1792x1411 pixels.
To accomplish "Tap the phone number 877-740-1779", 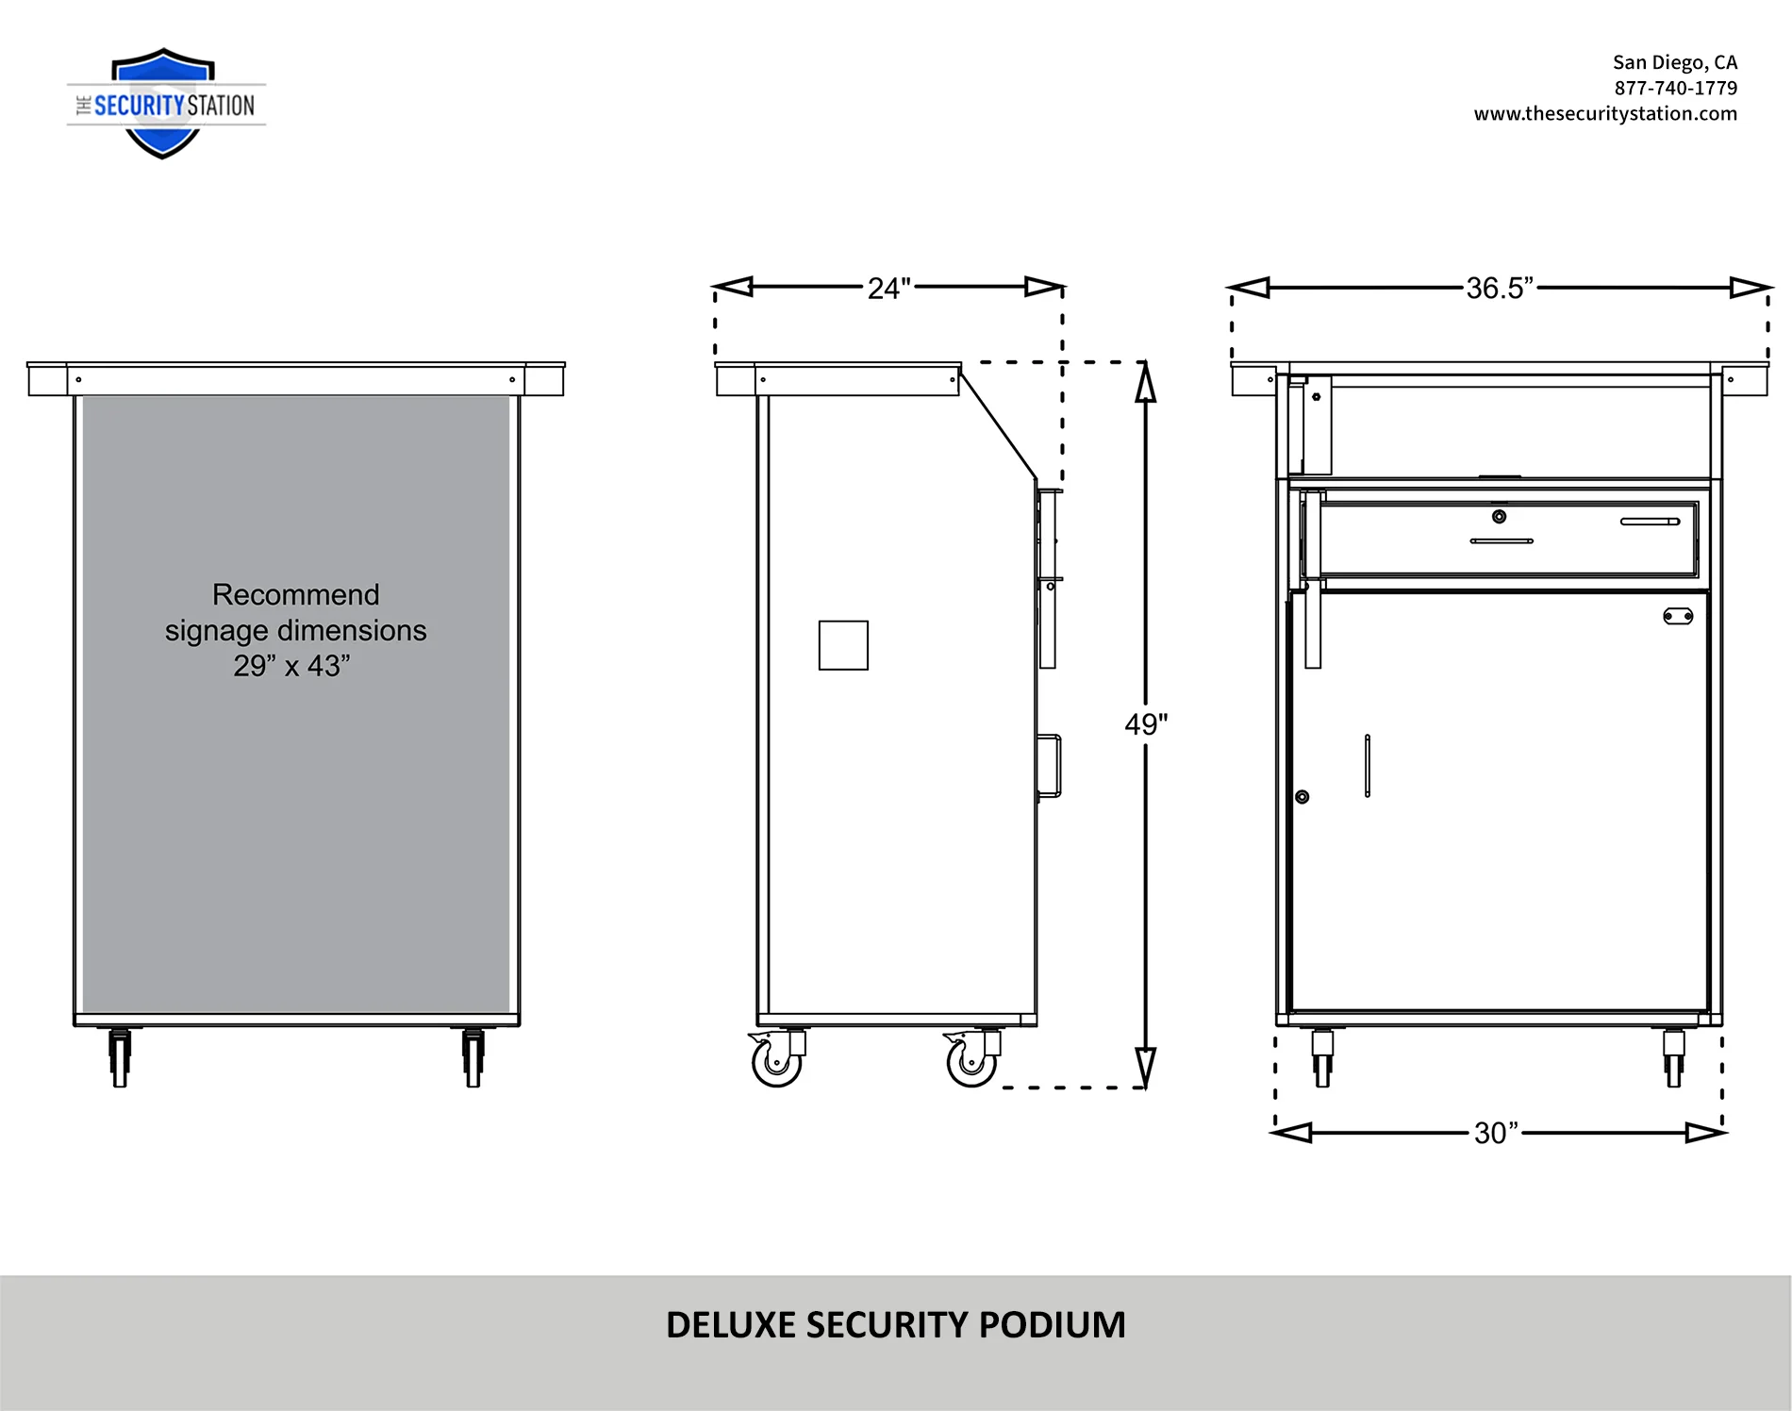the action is [x=1675, y=88].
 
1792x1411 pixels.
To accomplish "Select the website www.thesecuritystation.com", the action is [x=1605, y=113].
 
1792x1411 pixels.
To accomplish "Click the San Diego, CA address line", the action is [x=1674, y=62].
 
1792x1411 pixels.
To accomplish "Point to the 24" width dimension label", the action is [x=888, y=288].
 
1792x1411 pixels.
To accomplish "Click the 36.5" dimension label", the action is [x=1500, y=288].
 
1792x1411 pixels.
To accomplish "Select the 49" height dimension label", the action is [x=1146, y=723].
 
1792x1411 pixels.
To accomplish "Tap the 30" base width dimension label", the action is [x=1496, y=1132].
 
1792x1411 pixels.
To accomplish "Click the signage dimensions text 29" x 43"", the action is [x=291, y=665].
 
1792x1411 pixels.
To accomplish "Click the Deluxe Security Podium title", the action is [x=896, y=1324].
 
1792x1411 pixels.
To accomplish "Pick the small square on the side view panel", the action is [x=843, y=645].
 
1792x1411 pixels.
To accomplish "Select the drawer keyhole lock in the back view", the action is [x=1499, y=516].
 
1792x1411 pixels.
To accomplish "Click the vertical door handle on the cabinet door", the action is [x=1368, y=765].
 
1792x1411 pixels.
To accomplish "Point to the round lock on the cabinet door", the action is [x=1303, y=797].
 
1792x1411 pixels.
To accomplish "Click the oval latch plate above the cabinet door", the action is [x=1678, y=616].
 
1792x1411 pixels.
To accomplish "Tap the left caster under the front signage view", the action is [x=120, y=1057].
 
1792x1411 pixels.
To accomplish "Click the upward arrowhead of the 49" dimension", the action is [x=1145, y=382].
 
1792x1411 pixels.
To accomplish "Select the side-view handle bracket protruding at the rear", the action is [x=1049, y=765].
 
